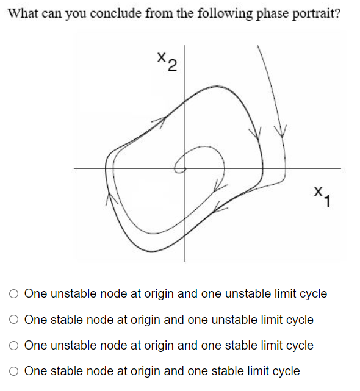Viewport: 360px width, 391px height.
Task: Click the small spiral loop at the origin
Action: [181, 163]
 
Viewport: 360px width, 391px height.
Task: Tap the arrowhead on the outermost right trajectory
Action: [281, 130]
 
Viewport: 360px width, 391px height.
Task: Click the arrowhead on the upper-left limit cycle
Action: [164, 120]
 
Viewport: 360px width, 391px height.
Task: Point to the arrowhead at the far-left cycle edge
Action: [111, 196]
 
